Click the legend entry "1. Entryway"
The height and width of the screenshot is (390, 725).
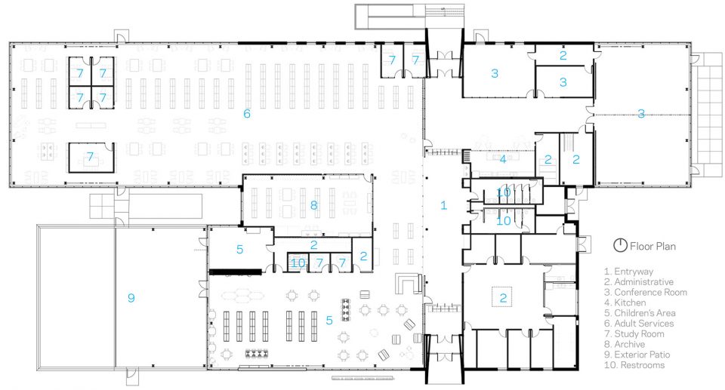point(628,272)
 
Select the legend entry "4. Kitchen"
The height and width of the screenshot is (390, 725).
point(625,302)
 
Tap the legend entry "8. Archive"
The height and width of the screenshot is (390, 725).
point(625,344)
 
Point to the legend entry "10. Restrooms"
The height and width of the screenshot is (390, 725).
point(634,365)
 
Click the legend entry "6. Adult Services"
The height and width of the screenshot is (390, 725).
point(639,324)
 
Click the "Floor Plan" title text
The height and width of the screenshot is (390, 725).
point(652,246)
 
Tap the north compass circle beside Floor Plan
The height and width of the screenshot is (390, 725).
point(620,245)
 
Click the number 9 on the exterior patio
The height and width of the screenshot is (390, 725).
point(131,298)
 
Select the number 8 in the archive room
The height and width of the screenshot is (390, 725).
point(314,205)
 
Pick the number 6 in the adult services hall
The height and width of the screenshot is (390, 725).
point(247,114)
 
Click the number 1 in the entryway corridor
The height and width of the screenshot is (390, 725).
point(444,205)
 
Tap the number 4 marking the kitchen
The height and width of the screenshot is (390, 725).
point(503,159)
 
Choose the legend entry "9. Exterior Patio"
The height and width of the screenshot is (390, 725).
point(637,355)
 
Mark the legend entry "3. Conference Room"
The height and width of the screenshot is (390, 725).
point(646,293)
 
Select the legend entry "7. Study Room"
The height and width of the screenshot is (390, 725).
point(634,334)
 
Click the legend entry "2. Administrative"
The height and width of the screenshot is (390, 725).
point(639,282)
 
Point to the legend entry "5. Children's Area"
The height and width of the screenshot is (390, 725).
point(640,313)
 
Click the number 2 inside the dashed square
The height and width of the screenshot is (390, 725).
point(503,299)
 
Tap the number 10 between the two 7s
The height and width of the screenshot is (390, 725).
point(298,263)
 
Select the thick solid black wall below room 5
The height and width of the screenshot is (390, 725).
point(236,272)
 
